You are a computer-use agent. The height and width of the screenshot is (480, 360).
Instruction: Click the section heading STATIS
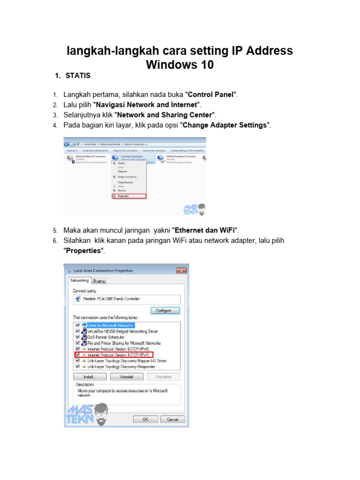point(78,75)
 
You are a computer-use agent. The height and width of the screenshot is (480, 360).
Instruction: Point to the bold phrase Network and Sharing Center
point(165,115)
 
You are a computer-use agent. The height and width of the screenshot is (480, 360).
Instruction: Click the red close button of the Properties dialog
point(181,270)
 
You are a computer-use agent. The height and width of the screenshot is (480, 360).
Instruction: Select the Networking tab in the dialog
point(80,281)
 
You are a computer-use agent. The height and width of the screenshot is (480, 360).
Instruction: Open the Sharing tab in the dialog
point(99,281)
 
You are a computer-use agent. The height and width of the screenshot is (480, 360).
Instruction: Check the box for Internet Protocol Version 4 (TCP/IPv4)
point(77,355)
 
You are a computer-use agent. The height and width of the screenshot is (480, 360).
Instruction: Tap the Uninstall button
point(126,376)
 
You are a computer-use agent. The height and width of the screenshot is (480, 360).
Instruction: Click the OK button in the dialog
point(145,419)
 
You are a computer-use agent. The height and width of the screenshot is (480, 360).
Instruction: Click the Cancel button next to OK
point(173,419)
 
